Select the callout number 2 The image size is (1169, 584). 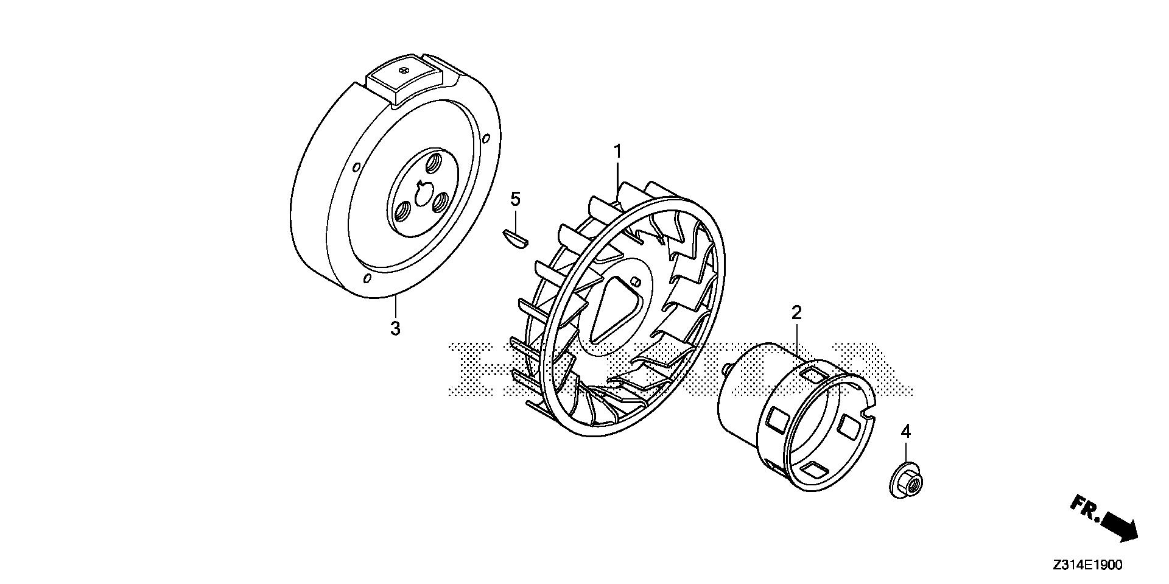point(796,313)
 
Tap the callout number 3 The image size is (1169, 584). point(395,328)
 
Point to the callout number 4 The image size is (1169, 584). point(906,432)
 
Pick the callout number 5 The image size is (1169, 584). point(515,199)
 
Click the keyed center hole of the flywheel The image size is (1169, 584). point(420,194)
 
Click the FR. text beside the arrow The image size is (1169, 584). point(1084,508)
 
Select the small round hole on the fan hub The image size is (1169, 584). point(636,282)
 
